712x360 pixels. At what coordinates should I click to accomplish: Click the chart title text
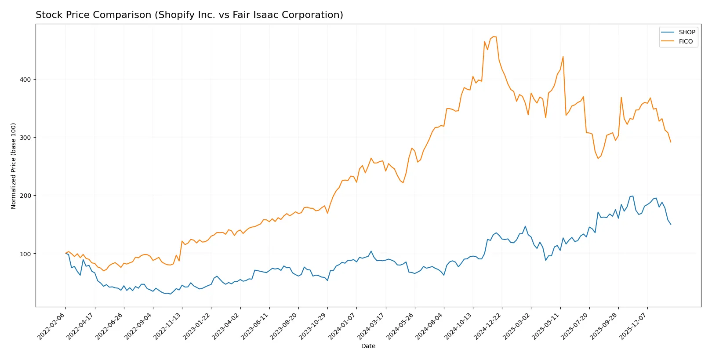189,15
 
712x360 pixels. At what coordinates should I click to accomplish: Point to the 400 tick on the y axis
25,80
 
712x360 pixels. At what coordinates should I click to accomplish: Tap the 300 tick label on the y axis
25,138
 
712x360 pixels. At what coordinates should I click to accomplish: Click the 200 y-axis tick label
25,196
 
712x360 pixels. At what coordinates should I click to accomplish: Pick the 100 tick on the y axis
25,254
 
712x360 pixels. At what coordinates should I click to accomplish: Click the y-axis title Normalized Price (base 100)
14,166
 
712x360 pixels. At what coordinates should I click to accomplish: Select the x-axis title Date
368,346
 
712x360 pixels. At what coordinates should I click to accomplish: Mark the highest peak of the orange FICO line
494,36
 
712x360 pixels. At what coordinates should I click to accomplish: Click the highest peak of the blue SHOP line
633,196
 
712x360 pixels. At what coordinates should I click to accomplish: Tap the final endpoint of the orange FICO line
671,142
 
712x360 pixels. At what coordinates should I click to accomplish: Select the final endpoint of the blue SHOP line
671,224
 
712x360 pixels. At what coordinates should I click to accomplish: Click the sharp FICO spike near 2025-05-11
563,57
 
